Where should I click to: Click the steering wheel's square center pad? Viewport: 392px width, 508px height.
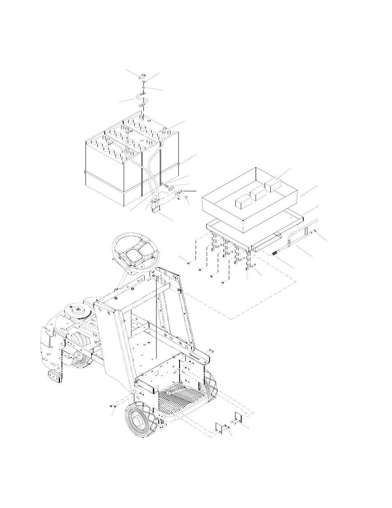[136, 257]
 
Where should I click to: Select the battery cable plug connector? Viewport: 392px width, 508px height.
[156, 206]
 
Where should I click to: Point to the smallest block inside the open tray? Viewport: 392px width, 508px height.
[241, 202]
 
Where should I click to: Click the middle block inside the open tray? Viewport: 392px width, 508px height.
[257, 193]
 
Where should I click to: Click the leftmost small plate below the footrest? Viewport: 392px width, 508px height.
[219, 428]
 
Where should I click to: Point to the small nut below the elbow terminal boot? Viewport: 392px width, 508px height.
[143, 87]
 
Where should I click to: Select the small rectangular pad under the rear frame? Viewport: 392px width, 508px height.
[55, 375]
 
